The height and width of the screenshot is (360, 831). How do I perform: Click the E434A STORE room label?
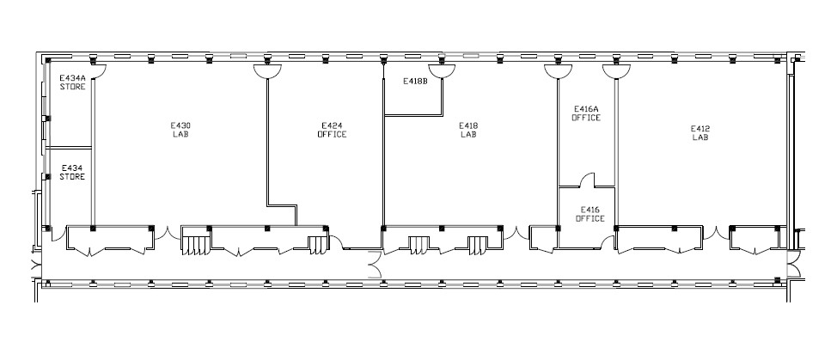(x=72, y=82)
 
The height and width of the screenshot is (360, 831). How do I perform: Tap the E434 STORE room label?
(x=72, y=173)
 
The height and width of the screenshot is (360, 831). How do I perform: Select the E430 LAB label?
(x=180, y=130)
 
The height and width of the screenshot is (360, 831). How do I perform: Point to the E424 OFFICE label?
(x=333, y=130)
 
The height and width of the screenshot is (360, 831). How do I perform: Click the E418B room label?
(x=415, y=81)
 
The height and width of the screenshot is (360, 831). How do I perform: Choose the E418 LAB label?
(x=468, y=130)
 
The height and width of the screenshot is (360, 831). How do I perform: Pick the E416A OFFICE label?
(x=586, y=113)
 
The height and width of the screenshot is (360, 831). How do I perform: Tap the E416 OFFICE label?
(x=590, y=214)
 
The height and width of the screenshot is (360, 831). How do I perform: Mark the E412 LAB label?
(x=700, y=132)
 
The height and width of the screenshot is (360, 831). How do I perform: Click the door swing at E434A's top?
(x=101, y=71)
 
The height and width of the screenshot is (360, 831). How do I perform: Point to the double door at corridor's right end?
(x=793, y=264)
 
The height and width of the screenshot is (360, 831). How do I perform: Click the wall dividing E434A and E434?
(x=70, y=148)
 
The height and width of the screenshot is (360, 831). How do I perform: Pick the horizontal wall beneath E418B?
(x=412, y=115)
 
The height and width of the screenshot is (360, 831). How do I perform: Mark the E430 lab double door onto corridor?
(x=167, y=234)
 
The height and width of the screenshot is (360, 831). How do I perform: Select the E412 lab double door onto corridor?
(x=716, y=234)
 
